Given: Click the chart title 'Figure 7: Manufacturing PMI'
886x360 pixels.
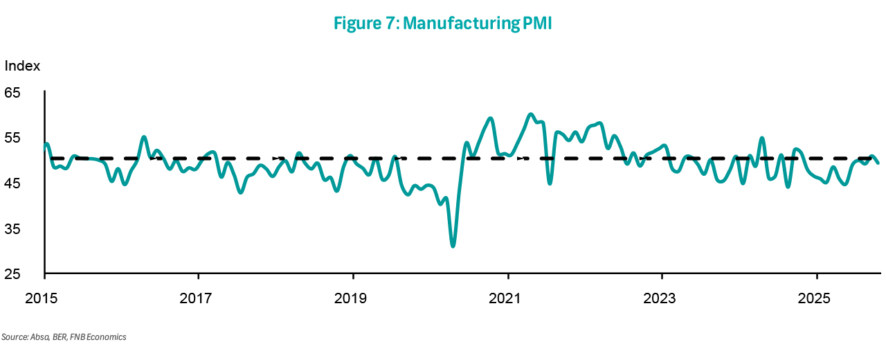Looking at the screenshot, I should point(442,23).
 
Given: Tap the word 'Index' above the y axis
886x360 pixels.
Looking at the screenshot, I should point(23,66).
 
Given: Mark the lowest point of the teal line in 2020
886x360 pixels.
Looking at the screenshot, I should point(453,246).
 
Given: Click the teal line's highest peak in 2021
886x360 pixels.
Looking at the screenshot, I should point(530,114).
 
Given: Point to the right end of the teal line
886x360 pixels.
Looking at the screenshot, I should point(878,163).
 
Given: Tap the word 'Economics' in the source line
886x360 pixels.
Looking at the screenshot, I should point(107,337).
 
